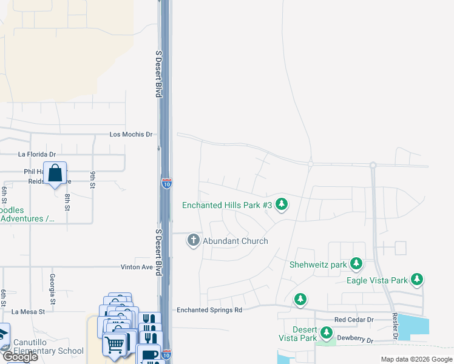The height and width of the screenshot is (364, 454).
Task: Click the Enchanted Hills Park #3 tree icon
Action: (281, 204)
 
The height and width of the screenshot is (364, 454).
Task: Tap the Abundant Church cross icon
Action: (194, 240)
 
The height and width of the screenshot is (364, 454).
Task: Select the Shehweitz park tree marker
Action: (356, 264)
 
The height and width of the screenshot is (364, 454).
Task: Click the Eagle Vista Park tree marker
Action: (416, 280)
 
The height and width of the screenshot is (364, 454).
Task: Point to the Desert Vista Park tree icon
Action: (327, 332)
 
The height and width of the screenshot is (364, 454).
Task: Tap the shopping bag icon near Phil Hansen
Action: (55, 173)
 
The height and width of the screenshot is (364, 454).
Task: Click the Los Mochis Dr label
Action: (130, 134)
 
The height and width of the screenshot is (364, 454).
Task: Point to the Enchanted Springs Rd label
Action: (209, 310)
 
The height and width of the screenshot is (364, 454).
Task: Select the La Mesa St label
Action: (29, 312)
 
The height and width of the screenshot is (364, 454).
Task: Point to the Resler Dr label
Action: (395, 326)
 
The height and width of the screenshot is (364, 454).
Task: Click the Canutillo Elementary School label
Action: (49, 346)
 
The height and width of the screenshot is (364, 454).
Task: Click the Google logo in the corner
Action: (20, 357)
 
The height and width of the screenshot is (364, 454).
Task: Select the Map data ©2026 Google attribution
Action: (416, 359)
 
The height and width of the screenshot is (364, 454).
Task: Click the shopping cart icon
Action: (115, 344)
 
